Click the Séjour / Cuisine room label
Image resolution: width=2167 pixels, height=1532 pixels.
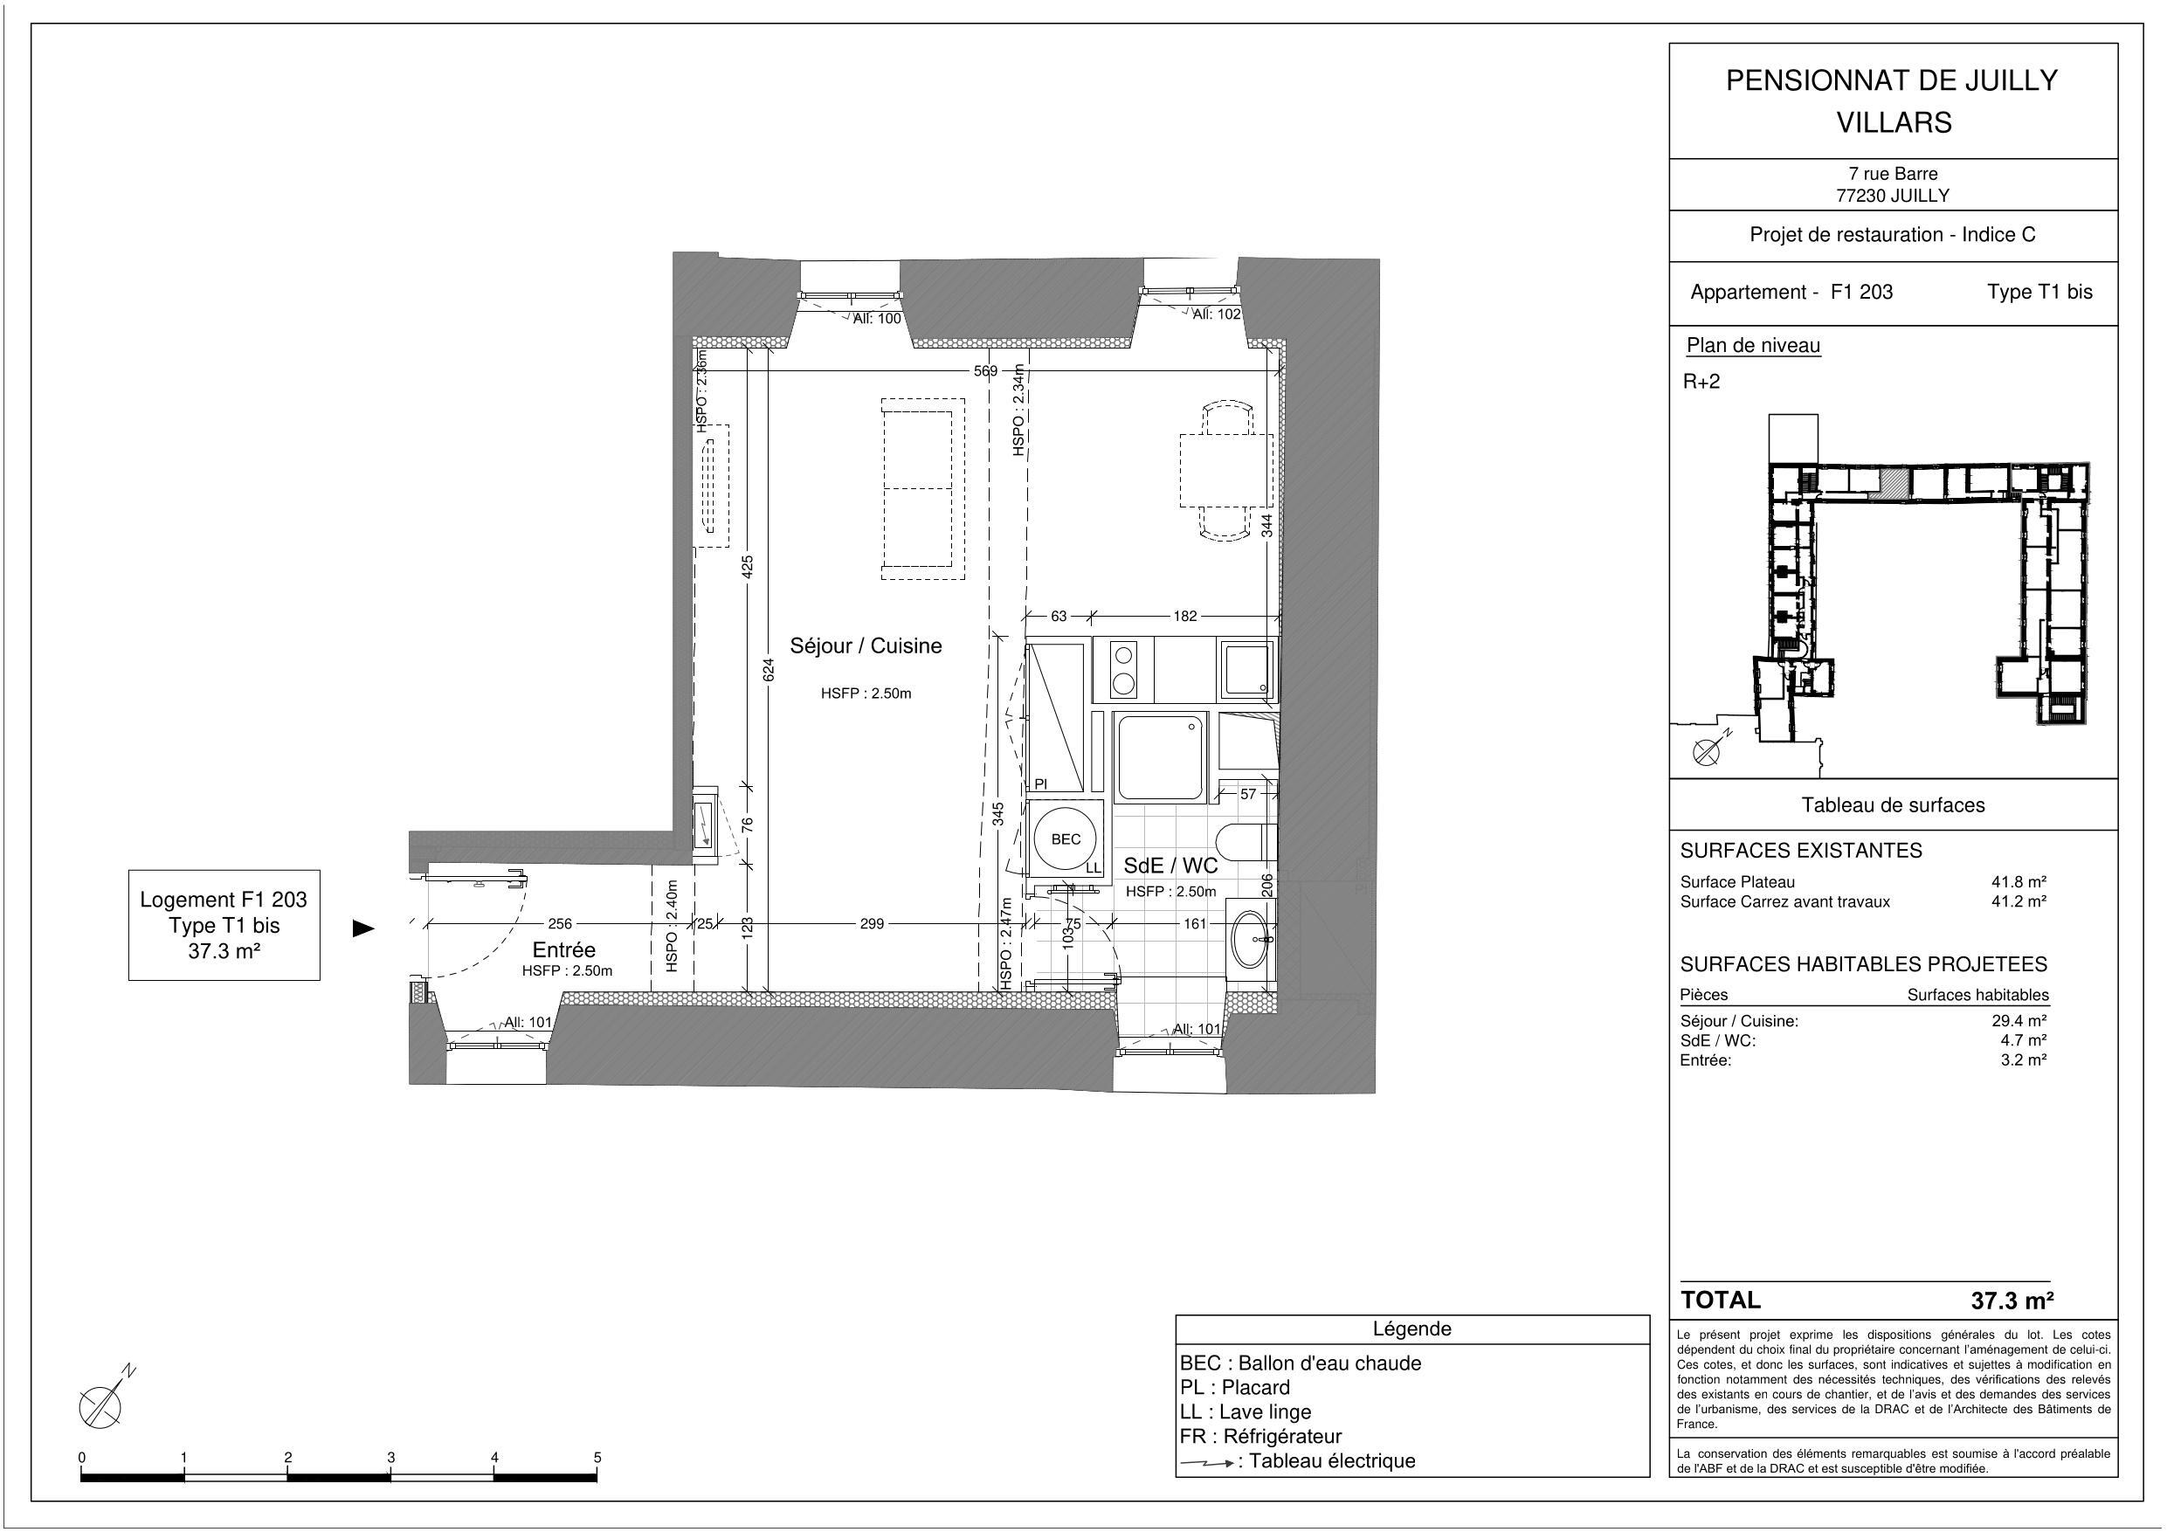pos(866,645)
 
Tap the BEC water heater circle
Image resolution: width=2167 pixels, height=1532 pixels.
pos(1065,839)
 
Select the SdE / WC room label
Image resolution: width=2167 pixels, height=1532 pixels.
pos(1170,866)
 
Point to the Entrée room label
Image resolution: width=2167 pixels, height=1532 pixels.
pos(563,949)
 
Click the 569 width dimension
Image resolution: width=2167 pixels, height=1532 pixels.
pos(984,371)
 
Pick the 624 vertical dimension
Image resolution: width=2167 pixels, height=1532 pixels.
pos(769,670)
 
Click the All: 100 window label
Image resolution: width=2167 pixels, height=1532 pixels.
pos(876,319)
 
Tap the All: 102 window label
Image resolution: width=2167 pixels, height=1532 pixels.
pos(1216,314)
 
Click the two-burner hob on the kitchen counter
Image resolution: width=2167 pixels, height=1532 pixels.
pos(1122,669)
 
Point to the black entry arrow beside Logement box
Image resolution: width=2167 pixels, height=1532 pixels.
pos(363,928)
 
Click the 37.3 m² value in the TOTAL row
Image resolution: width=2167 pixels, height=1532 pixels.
pos(2012,1301)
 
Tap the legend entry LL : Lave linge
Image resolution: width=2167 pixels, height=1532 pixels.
pos(1245,1412)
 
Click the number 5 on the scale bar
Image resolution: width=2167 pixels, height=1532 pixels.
pos(597,1458)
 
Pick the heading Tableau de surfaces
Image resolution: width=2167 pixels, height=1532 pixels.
pos(1893,805)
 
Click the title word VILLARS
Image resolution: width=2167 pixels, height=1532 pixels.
pos(1893,122)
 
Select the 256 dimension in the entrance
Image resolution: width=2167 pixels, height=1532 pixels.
pos(560,924)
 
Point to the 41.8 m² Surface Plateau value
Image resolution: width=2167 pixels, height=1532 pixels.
pos(2018,881)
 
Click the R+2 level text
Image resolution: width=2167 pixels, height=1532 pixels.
pos(1701,383)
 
